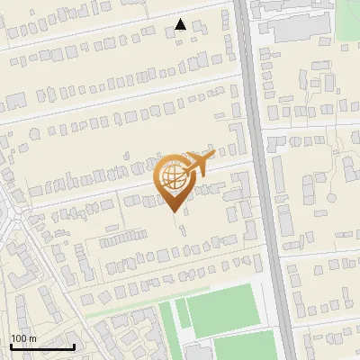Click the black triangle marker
pyautogui.click(x=181, y=24)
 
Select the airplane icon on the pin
pyautogui.click(x=197, y=164)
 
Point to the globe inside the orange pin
pyautogui.click(x=174, y=178)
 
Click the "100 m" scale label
pyautogui.click(x=23, y=337)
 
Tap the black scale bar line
pyautogui.click(x=42, y=346)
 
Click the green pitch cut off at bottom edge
pyautogui.click(x=243, y=346)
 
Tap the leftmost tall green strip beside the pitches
pyautogui.click(x=166, y=328)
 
